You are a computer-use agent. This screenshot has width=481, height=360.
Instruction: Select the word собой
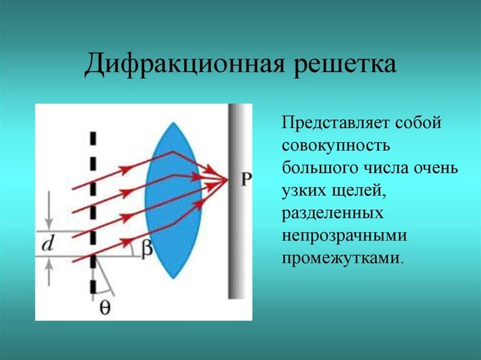tap(420, 122)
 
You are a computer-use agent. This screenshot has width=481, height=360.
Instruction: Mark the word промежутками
tap(342, 257)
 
